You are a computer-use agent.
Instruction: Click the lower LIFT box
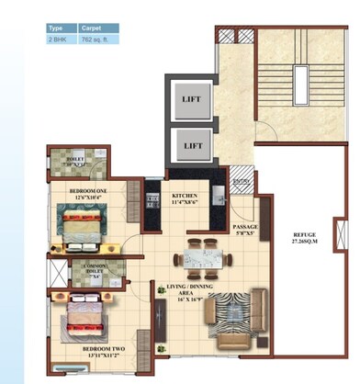(x=192, y=145)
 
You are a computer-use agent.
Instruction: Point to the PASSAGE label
(x=245, y=229)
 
